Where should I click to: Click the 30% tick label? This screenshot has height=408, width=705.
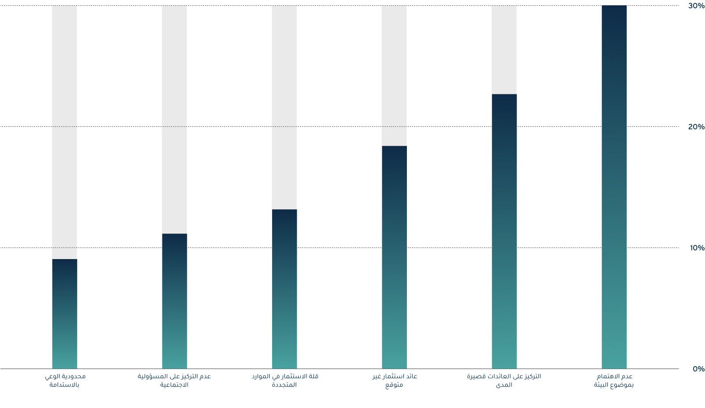696,6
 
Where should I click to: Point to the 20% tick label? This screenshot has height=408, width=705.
696,127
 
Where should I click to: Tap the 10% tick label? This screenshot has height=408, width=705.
697,248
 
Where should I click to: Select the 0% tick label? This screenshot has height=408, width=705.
698,369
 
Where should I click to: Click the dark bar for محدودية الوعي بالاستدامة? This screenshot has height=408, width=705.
64,314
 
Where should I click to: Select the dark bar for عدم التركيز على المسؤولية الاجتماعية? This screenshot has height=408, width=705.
174,301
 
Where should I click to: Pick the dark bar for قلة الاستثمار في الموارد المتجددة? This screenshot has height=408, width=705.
284,289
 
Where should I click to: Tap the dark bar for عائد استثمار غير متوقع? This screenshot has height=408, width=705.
394,257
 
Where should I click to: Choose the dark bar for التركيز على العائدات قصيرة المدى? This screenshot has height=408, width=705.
504,231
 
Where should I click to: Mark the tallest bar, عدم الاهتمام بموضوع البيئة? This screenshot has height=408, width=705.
614,187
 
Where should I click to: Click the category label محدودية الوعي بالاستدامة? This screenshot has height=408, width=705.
65,381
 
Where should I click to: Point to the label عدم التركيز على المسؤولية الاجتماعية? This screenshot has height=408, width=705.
174,381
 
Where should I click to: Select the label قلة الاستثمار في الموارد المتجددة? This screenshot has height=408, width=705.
284,381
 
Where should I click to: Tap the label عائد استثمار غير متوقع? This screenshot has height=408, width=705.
394,381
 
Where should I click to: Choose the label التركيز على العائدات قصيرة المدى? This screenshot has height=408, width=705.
504,381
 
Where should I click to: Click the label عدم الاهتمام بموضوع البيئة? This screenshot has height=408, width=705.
614,381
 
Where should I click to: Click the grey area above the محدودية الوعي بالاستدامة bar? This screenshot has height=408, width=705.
64,132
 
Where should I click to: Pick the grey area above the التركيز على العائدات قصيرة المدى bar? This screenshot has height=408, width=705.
504,50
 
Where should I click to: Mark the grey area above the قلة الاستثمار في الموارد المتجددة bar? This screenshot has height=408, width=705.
284,108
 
